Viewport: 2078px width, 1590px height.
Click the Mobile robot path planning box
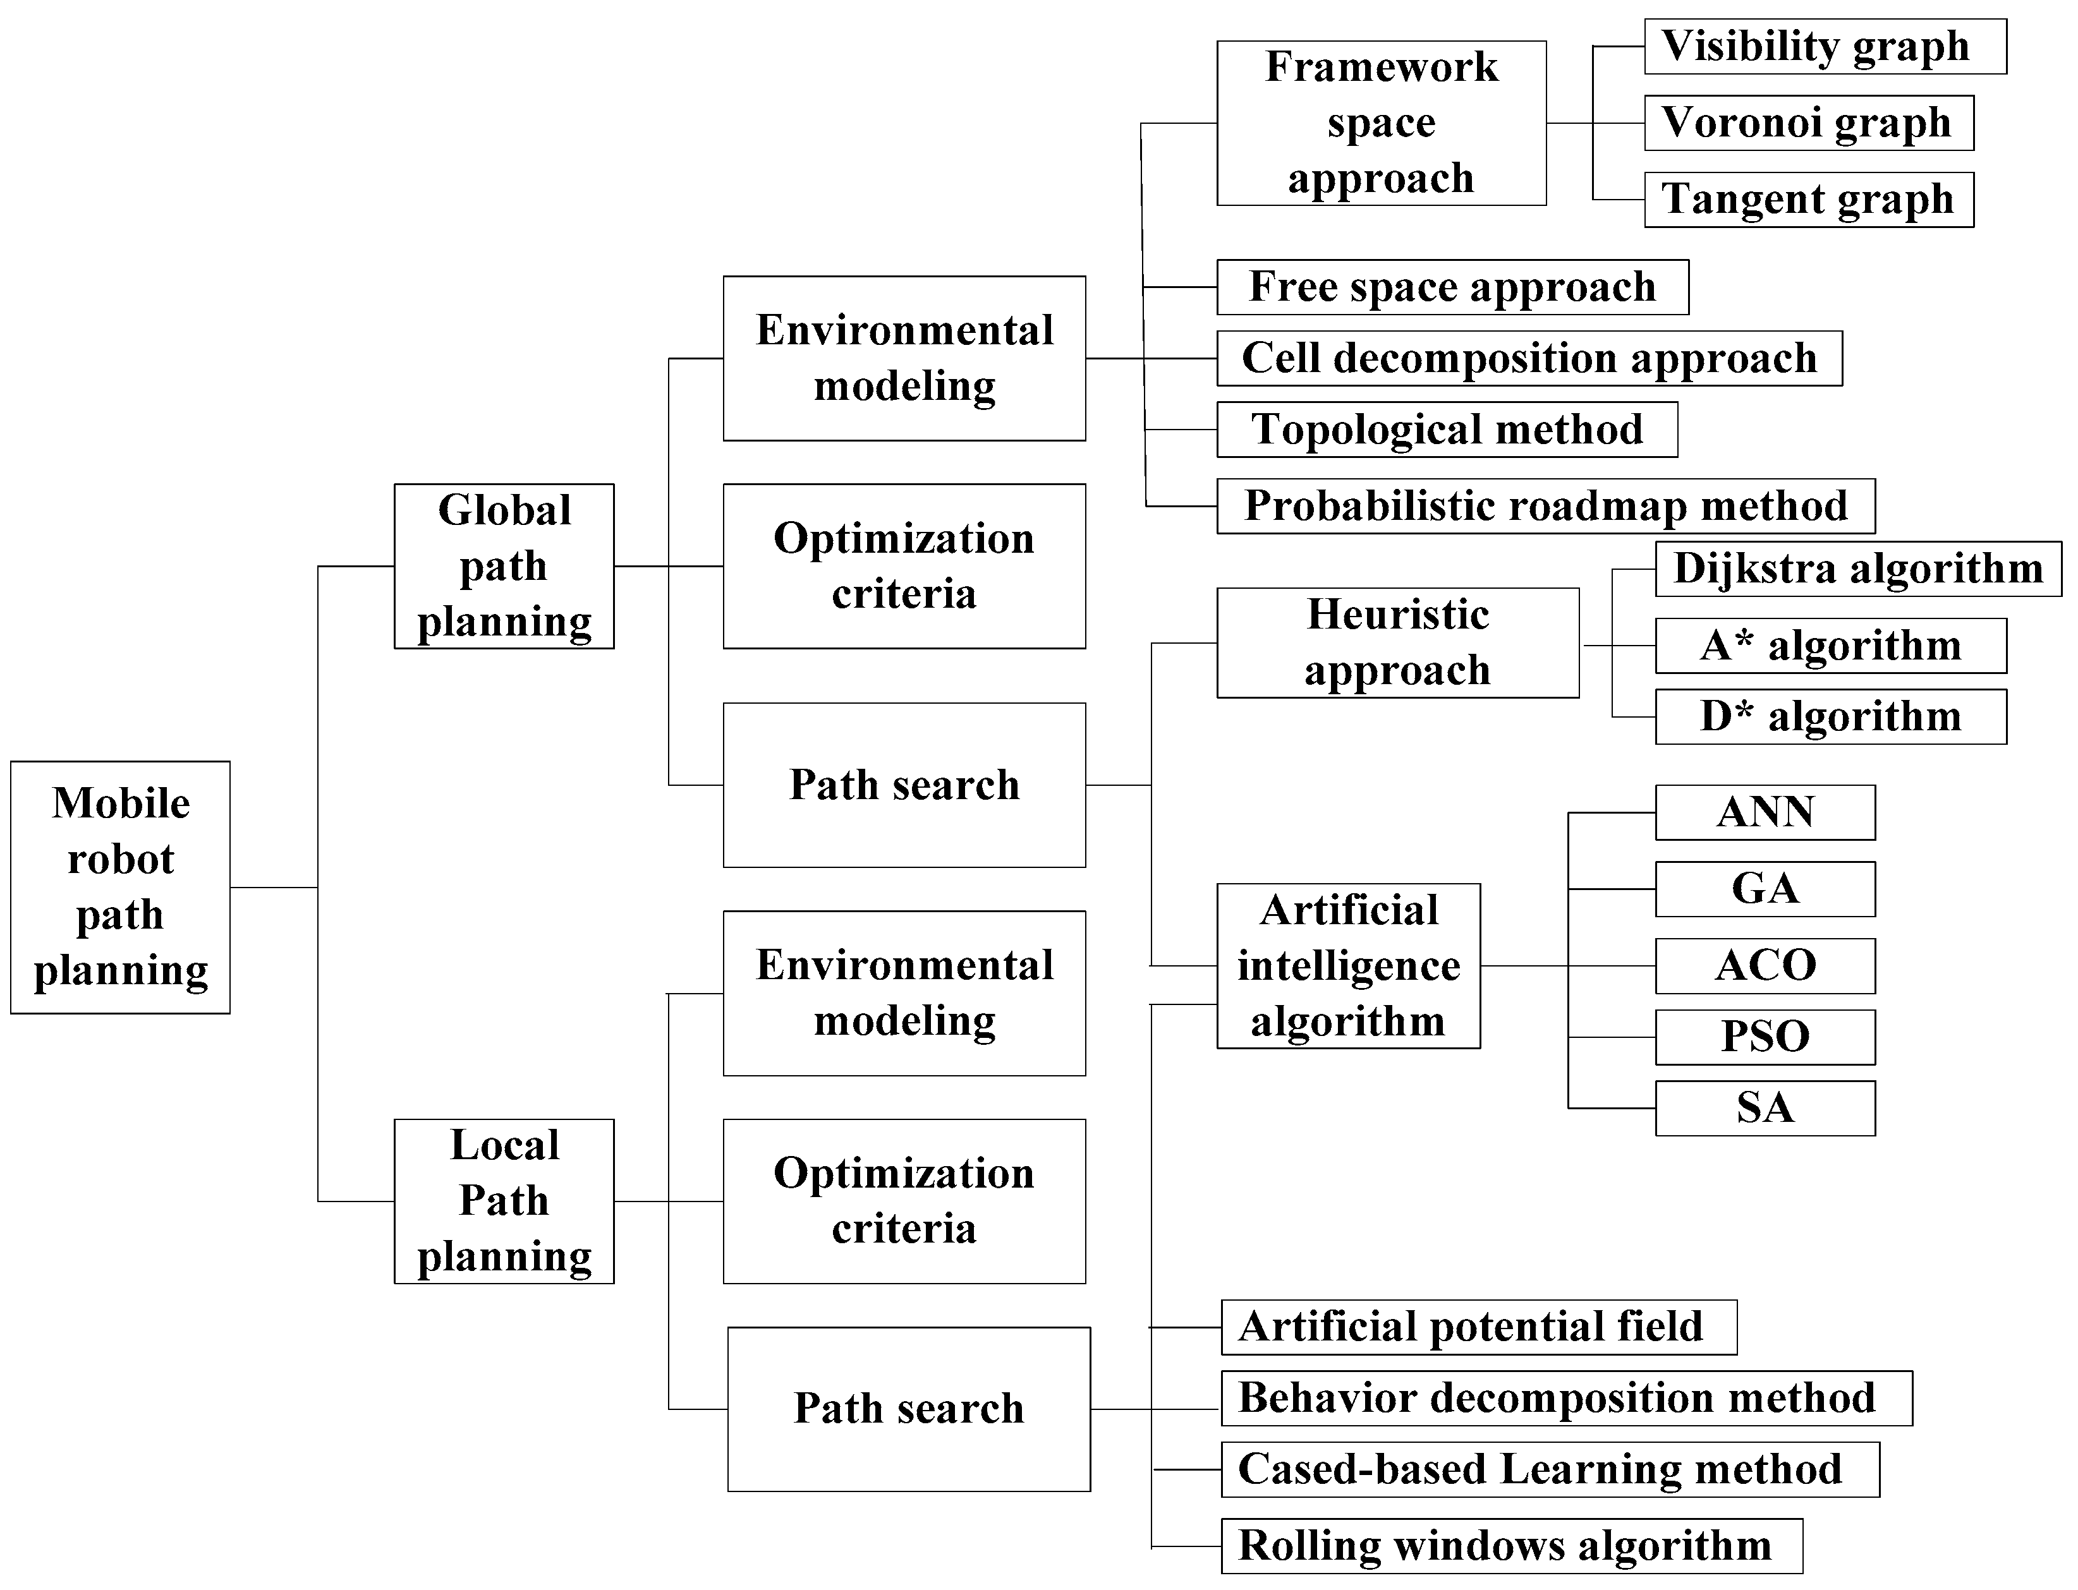[x=120, y=887]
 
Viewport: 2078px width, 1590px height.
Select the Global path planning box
[x=504, y=566]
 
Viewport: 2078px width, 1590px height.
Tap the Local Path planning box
[x=504, y=1201]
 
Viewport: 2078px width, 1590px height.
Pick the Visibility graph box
[x=1825, y=46]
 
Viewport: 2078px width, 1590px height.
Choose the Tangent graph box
[x=1808, y=200]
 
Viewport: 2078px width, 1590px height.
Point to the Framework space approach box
[x=1382, y=123]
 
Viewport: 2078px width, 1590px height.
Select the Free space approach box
[x=1452, y=287]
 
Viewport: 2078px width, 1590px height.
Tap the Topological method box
[x=1447, y=430]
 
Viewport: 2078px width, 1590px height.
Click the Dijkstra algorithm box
[x=1857, y=569]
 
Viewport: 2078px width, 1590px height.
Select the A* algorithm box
[x=1830, y=646]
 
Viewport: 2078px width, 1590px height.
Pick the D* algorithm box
[x=1830, y=716]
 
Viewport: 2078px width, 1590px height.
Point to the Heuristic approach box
[x=1397, y=642]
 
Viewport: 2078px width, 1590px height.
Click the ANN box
[x=1765, y=812]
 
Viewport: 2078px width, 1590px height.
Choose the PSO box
[x=1765, y=1037]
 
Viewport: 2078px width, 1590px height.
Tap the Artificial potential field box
[x=1479, y=1327]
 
